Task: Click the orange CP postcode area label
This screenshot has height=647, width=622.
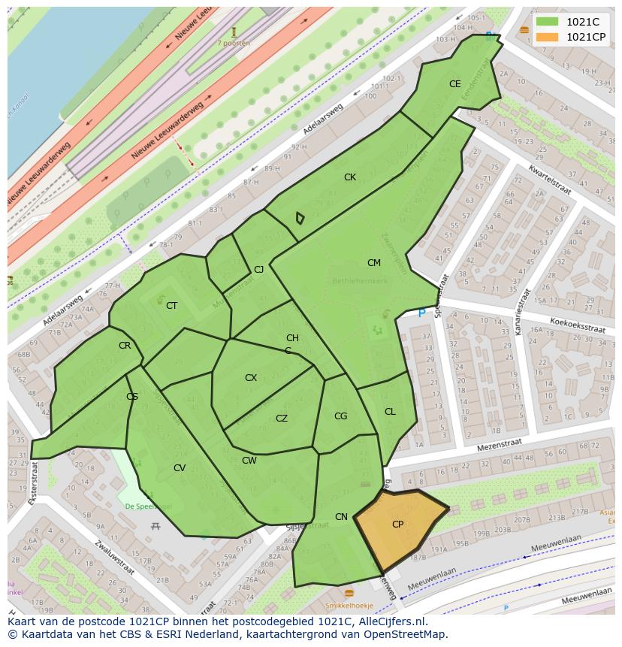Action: [x=397, y=525]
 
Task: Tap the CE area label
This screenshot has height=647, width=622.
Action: [x=454, y=84]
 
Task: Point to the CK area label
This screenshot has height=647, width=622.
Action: [x=350, y=177]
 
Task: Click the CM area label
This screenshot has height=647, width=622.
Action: [x=374, y=263]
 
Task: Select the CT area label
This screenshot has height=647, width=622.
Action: [x=172, y=306]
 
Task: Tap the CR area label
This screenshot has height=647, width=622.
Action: [x=125, y=346]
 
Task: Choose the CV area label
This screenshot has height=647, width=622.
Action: [x=180, y=468]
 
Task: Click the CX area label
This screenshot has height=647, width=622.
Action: [x=251, y=378]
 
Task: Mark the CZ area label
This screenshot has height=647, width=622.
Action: [x=282, y=419]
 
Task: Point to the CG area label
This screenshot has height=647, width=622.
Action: [x=340, y=416]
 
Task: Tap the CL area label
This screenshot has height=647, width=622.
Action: [x=390, y=412]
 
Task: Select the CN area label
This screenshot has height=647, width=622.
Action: [x=341, y=516]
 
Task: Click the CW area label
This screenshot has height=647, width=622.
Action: [x=249, y=461]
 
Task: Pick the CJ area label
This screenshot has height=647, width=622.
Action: [x=258, y=270]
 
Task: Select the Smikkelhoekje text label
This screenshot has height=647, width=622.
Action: [x=350, y=605]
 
